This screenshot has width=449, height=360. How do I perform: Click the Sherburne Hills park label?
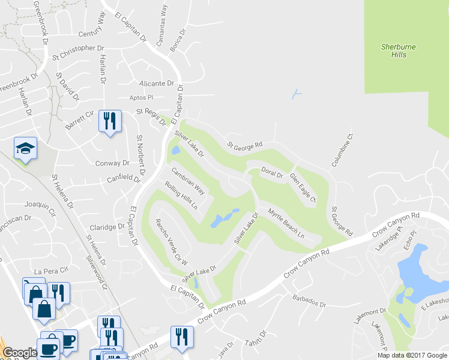coord(398,50)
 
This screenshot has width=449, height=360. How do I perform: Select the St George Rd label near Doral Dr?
coord(245,145)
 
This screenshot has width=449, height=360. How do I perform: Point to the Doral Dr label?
coord(271,173)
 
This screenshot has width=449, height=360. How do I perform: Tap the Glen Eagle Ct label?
coord(303,187)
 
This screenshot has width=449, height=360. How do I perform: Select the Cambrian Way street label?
coord(188,181)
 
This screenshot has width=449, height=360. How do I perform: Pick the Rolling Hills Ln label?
coord(181,196)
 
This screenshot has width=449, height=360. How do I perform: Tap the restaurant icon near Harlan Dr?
coord(109,122)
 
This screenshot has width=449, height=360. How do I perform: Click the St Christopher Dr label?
coord(78,48)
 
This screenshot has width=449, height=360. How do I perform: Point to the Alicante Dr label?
coord(156,83)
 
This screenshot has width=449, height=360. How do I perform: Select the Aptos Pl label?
coord(142,97)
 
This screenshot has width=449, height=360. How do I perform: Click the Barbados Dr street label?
coord(309,304)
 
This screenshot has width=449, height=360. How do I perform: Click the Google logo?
coord(20,353)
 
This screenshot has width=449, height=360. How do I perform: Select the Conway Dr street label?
coord(112,163)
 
